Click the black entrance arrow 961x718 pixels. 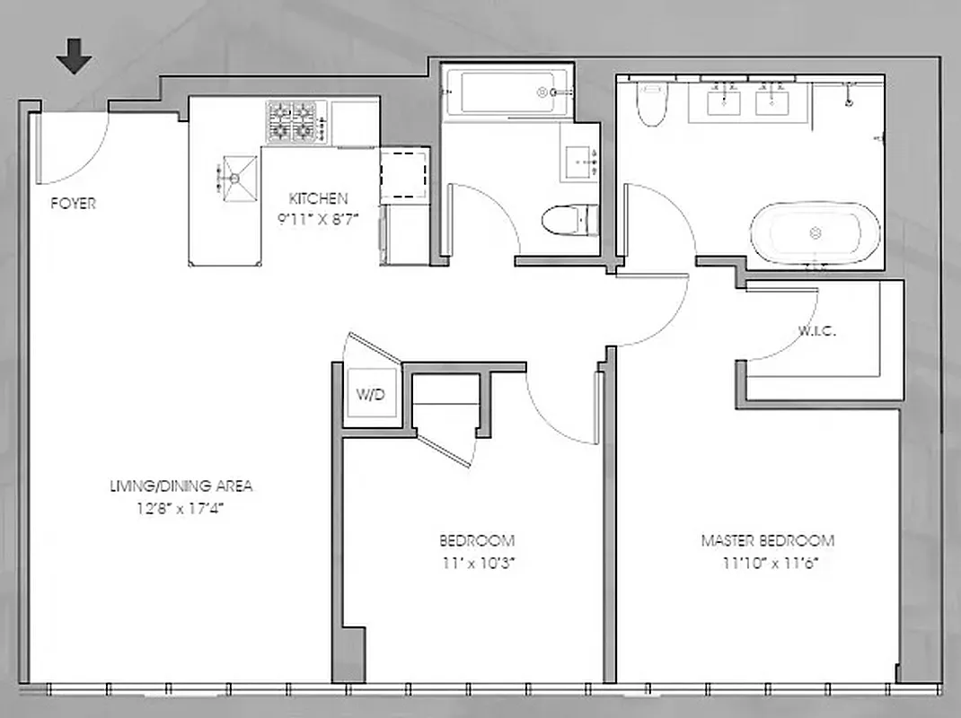[x=74, y=60]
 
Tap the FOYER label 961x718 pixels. [x=73, y=204]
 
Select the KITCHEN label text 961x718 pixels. [x=318, y=199]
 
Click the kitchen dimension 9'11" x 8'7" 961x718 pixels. [x=318, y=217]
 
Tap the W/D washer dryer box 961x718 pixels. [x=371, y=395]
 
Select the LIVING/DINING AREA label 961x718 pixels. [x=181, y=486]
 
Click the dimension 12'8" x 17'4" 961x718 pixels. [x=181, y=507]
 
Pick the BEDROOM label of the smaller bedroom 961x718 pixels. [x=477, y=540]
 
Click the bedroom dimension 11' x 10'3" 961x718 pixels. [x=477, y=563]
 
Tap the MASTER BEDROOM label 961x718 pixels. [x=767, y=540]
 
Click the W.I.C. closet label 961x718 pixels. [x=816, y=331]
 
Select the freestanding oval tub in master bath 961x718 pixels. [x=815, y=232]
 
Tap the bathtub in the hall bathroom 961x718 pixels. [x=505, y=92]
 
